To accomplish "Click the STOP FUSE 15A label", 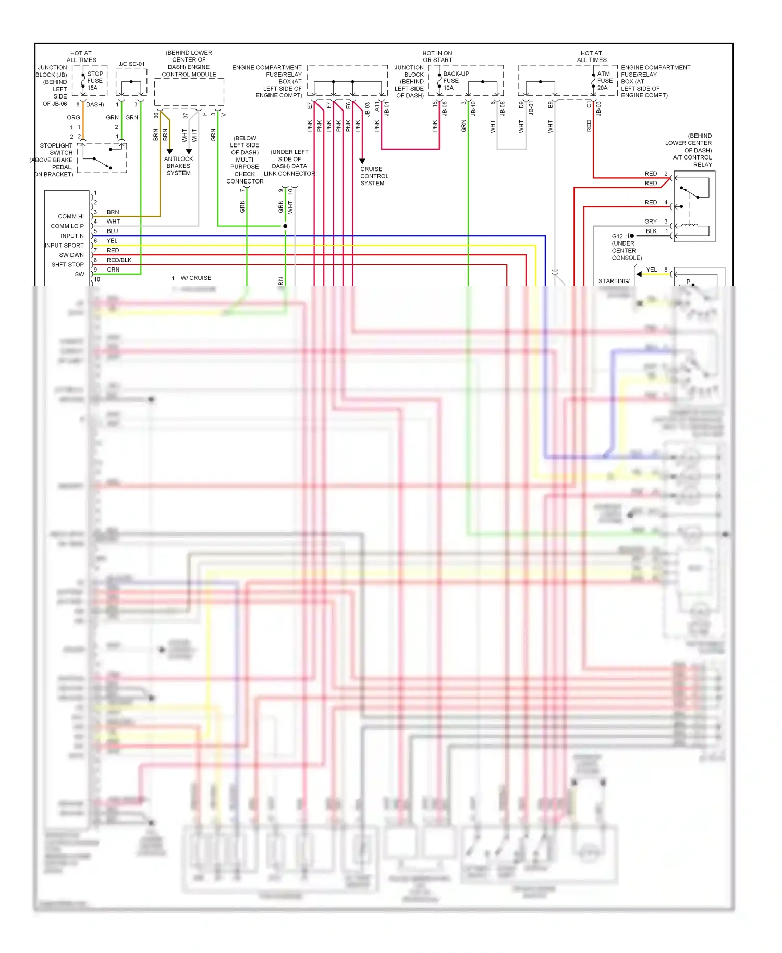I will click(95, 81).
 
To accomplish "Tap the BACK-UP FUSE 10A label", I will click(456, 81).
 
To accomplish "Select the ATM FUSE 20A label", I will click(605, 81).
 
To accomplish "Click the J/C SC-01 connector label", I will click(131, 64).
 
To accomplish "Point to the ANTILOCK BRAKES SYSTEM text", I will click(178, 166).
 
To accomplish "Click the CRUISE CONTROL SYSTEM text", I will click(374, 176).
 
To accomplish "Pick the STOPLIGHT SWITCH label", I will click(56, 149).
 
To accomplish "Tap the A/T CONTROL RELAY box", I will click(694, 206).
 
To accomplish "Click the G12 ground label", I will click(617, 236).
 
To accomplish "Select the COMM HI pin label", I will click(71, 216).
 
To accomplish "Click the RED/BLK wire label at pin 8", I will click(119, 260).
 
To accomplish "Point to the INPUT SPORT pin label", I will click(64, 246).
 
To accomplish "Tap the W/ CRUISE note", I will click(196, 278).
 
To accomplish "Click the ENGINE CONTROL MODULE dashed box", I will click(189, 92).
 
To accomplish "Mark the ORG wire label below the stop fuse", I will click(74, 117).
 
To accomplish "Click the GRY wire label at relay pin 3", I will click(650, 222).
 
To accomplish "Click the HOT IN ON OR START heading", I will click(437, 56).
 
